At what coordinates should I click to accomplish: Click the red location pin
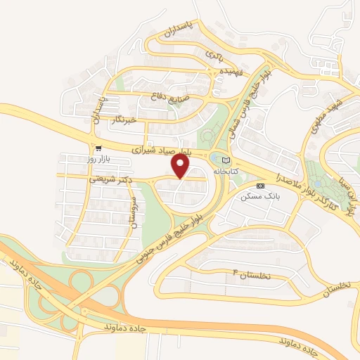[x=181, y=166]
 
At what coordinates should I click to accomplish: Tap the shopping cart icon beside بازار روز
[x=98, y=148]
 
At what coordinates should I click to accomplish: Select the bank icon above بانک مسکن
[x=260, y=186]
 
